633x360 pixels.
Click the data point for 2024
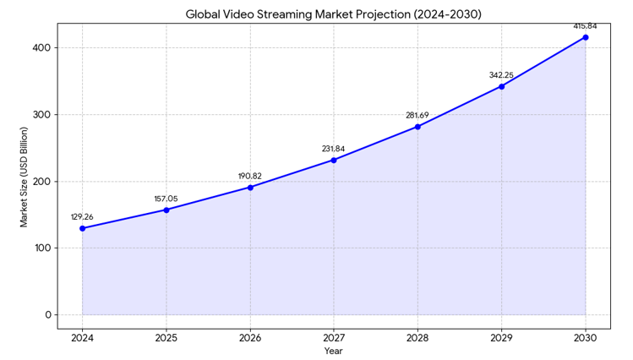click(82, 228)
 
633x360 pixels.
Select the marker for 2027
click(334, 160)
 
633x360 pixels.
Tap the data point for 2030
click(586, 37)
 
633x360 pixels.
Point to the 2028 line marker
click(417, 127)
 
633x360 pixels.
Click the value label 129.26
click(82, 216)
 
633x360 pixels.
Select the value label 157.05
click(166, 199)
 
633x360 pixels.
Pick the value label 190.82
click(250, 176)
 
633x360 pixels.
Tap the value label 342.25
click(501, 75)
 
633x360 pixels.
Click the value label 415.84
click(585, 26)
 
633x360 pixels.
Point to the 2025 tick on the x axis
click(166, 337)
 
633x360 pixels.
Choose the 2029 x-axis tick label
click(501, 337)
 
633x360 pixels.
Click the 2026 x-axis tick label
click(250, 337)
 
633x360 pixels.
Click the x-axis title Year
click(334, 351)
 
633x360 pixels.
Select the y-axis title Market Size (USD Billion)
click(25, 177)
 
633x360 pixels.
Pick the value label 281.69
click(417, 115)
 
